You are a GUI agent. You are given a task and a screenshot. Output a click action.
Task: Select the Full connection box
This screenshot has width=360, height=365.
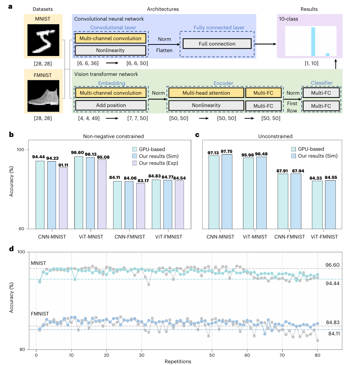pyautogui.click(x=217, y=44)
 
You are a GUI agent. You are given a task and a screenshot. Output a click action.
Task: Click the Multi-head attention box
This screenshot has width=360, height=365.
pyautogui.click(x=206, y=93)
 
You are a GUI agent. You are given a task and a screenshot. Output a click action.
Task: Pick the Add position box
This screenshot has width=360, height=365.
pyautogui.click(x=111, y=105)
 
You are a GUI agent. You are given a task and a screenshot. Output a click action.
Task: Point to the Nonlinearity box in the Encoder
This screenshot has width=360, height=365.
pyautogui.click(x=206, y=105)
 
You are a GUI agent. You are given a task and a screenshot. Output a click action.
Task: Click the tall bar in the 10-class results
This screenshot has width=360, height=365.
pyautogui.click(x=313, y=42)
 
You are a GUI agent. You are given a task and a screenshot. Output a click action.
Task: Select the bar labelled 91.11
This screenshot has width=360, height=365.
pyautogui.click(x=63, y=198)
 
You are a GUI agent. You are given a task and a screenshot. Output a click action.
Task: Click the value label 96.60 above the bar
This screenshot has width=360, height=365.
pyautogui.click(x=78, y=153)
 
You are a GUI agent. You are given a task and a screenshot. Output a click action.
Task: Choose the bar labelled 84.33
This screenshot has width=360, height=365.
pyautogui.click(x=317, y=205)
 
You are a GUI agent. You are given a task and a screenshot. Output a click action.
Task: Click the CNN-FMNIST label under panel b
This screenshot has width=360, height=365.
pyautogui.click(x=129, y=237)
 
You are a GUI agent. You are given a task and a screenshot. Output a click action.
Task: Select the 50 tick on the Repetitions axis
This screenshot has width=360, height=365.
pyautogui.click(x=212, y=355)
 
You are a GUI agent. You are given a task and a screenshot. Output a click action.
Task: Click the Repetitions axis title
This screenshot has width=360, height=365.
pyautogui.click(x=178, y=361)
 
